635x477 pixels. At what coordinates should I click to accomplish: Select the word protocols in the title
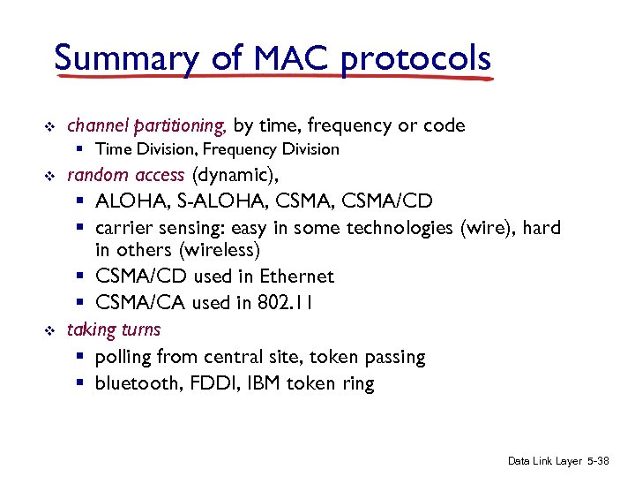click(415, 58)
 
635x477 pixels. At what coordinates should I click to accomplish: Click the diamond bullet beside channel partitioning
click(49, 126)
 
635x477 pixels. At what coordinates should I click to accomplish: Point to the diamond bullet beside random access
click(49, 176)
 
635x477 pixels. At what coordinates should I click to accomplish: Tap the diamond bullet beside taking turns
click(49, 330)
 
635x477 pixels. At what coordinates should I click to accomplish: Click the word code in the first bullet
click(444, 125)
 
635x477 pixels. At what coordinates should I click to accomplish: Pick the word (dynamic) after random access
click(234, 175)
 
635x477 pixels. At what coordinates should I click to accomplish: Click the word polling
click(123, 357)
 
